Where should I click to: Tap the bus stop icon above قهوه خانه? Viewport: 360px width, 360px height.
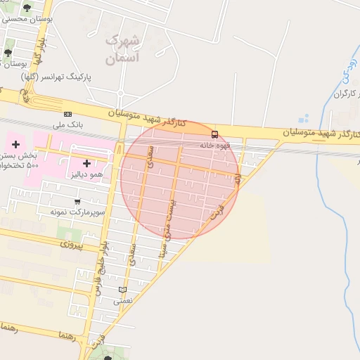[214, 134]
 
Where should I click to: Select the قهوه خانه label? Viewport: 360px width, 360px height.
[215, 145]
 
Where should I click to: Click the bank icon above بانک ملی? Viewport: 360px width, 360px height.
[67, 114]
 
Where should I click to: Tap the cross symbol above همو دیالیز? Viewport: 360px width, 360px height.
[87, 163]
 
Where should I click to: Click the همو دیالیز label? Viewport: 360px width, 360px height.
[87, 174]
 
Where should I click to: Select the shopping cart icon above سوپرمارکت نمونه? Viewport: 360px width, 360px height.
[77, 201]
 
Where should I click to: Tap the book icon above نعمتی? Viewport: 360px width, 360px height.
[124, 290]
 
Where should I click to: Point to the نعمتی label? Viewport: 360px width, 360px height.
[124, 300]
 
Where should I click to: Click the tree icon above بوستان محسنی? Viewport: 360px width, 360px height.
[27, 8]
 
